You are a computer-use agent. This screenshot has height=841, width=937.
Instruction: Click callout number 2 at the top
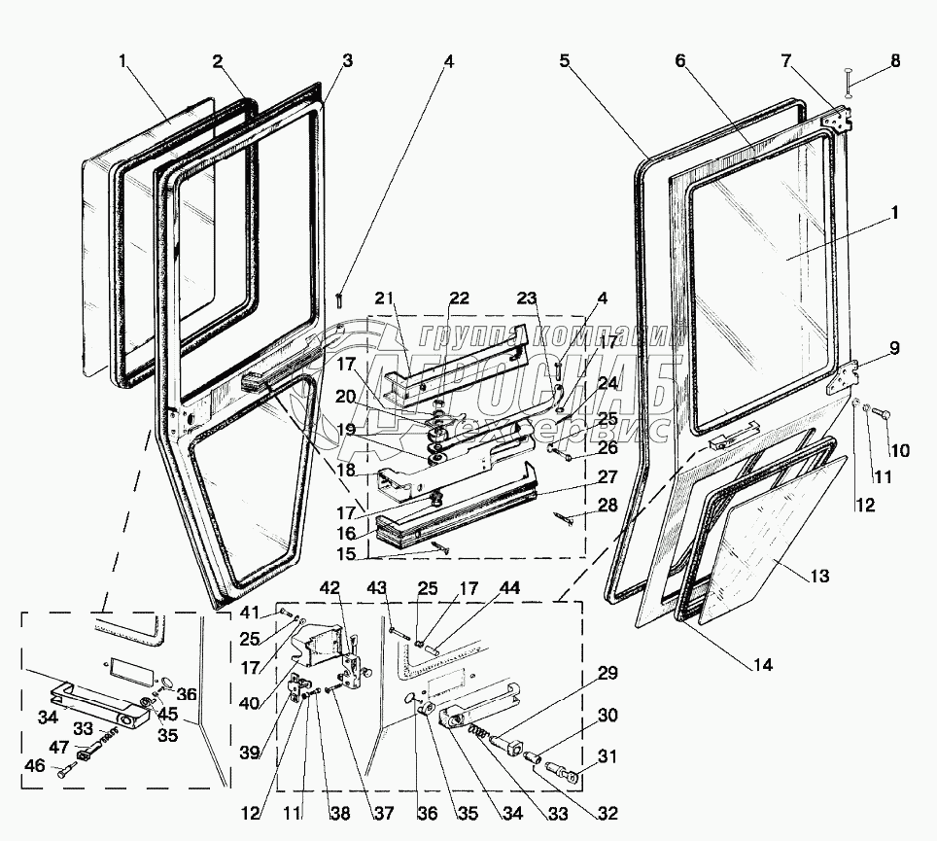coord(218,61)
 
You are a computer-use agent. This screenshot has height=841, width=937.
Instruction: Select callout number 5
coord(563,61)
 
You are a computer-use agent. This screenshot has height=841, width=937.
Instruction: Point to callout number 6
coord(679,61)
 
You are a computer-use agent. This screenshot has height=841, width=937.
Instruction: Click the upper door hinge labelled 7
coord(838,121)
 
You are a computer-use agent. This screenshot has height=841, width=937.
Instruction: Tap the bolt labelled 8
coord(848,83)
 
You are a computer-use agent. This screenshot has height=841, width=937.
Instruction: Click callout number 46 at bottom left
coord(36,766)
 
